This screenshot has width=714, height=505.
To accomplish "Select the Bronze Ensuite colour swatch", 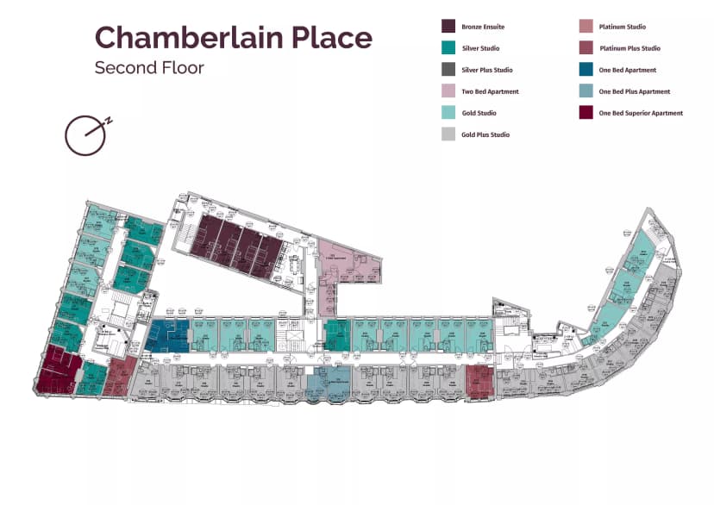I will pyautogui.click(x=448, y=27).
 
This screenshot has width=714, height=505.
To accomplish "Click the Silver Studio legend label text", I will pyautogui.click(x=480, y=48).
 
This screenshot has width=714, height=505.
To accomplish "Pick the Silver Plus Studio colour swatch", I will pyautogui.click(x=448, y=70).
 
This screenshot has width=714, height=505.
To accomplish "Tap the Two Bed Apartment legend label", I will pyautogui.click(x=490, y=91).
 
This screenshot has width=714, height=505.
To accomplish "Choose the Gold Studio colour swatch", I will pyautogui.click(x=448, y=113).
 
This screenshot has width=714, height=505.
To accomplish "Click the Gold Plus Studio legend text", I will pyautogui.click(x=485, y=134).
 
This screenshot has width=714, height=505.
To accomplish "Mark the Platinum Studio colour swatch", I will pyautogui.click(x=586, y=27).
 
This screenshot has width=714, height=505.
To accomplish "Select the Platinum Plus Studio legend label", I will pyautogui.click(x=629, y=48).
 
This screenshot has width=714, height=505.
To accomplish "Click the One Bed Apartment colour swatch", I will pyautogui.click(x=586, y=70).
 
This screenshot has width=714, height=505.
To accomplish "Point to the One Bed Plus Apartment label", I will pyautogui.click(x=634, y=91).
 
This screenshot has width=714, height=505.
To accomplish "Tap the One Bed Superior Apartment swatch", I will pyautogui.click(x=586, y=113).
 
